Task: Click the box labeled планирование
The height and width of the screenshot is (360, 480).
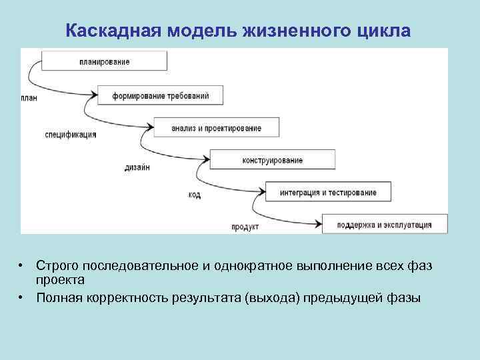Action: tap(104, 61)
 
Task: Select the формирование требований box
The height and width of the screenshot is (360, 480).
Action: tap(160, 95)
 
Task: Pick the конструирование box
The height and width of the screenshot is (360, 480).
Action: tap(272, 160)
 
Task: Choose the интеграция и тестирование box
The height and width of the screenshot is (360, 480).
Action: tap(328, 193)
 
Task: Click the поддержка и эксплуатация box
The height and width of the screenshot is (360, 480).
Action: tap(384, 225)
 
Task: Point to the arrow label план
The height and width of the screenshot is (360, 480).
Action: tap(29, 99)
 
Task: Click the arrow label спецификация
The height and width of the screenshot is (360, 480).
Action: tap(71, 134)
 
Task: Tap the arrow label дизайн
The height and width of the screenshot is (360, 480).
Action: tap(137, 167)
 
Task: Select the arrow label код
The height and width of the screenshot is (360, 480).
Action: tap(194, 195)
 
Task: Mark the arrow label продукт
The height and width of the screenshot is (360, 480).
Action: tap(245, 227)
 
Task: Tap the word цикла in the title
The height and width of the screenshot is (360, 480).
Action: tap(389, 31)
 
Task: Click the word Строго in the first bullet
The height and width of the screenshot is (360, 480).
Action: tap(57, 266)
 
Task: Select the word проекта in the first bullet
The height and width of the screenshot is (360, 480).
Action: tap(60, 279)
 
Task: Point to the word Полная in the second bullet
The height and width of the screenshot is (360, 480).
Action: tap(59, 297)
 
